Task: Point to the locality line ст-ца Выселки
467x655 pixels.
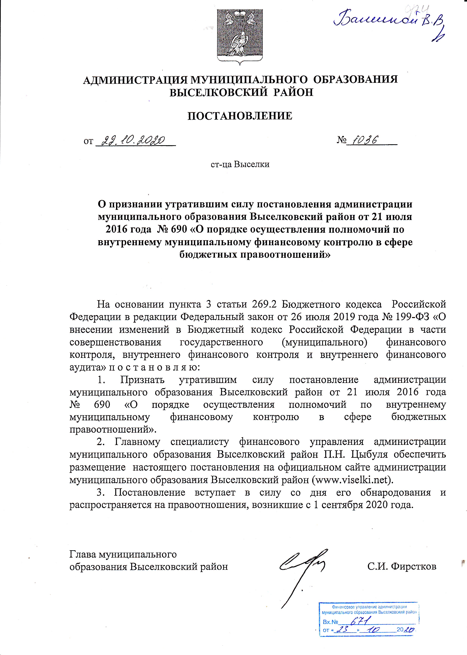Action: [240, 164]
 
